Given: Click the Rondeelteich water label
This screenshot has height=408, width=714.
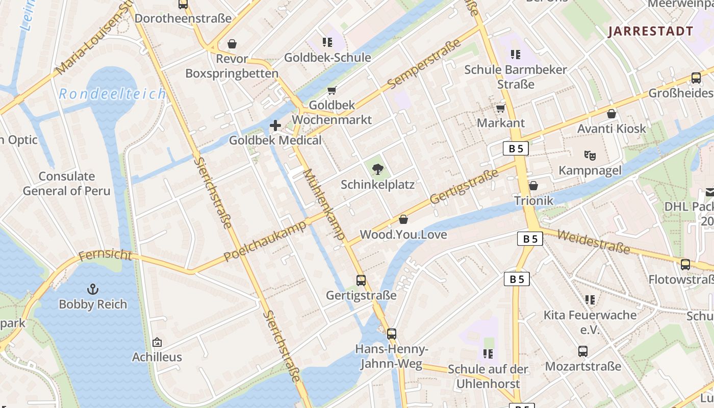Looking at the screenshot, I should click(112, 94).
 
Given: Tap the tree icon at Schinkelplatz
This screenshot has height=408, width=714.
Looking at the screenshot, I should click(377, 169).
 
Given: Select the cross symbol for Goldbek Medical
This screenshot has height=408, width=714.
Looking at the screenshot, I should click(275, 125).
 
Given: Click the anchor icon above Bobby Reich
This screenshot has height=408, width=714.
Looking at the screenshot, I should click(92, 289).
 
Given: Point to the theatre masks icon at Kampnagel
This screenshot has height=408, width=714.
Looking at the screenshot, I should click(590, 155).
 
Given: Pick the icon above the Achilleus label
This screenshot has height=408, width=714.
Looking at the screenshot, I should click(157, 342).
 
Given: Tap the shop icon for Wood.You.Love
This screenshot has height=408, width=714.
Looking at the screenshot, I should click(403, 219).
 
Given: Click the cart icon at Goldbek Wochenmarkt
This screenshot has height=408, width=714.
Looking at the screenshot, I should click(331, 90).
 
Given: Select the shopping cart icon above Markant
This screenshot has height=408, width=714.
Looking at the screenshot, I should click(500, 108).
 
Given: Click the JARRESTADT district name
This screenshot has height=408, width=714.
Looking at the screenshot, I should click(651, 31).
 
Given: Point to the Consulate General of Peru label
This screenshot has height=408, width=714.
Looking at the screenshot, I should click(67, 184).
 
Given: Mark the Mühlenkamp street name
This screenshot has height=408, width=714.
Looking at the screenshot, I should click(325, 205).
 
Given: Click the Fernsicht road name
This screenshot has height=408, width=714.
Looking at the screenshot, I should click(105, 254).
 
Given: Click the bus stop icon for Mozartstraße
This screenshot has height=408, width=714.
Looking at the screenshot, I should click(583, 351).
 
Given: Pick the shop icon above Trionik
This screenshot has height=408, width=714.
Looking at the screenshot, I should click(533, 186).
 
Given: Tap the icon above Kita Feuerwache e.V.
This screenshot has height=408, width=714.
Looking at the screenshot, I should click(590, 299).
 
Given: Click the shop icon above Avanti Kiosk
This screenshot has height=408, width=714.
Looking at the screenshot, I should click(611, 114).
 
